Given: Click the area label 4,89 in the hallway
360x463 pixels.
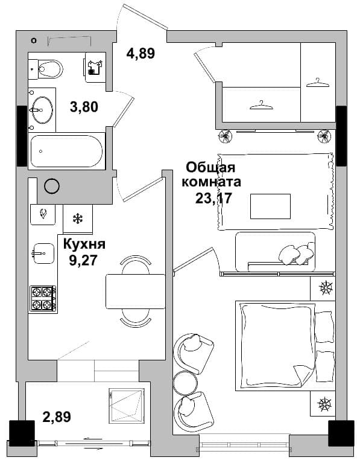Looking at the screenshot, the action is [141, 54].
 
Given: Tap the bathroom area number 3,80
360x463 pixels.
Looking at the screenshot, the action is [84, 107].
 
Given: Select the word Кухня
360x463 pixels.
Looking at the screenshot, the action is [84, 244].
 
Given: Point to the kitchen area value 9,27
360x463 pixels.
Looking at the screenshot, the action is [83, 260].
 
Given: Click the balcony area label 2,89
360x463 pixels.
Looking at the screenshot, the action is [57, 417].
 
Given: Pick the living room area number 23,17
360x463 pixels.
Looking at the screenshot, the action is [213, 198].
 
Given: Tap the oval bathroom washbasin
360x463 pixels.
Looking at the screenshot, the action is [42, 109].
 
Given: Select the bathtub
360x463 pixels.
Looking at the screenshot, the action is [67, 151].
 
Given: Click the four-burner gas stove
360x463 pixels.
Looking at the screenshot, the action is [43, 299].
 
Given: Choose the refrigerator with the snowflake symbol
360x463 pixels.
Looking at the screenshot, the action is [78, 219].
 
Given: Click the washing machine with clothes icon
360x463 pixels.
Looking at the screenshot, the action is [95, 68].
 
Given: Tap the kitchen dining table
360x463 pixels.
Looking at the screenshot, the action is [136, 292].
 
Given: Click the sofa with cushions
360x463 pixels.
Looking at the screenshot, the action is [276, 252].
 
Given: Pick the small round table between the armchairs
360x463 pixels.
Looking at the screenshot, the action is [185, 383].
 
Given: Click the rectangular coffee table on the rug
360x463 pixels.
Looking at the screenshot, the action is [270, 206].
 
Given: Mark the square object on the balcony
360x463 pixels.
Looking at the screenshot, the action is [127, 406].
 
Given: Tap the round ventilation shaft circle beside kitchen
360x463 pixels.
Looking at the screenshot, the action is [52, 186].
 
